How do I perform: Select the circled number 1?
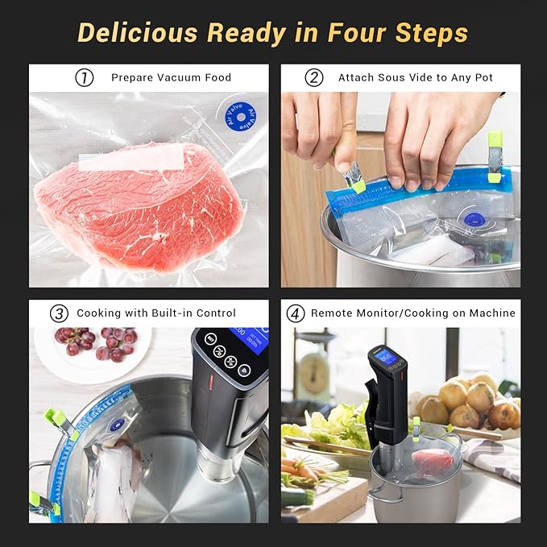click(x=84, y=78)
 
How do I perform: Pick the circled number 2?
click(x=314, y=78)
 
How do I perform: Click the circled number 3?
click(x=59, y=313)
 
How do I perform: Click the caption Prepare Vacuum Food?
click(x=171, y=78)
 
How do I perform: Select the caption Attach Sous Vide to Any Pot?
click(x=416, y=78)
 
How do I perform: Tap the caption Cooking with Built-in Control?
click(x=156, y=313)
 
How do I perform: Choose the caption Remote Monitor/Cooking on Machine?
click(x=413, y=313)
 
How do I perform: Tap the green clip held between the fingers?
click(x=355, y=184)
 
